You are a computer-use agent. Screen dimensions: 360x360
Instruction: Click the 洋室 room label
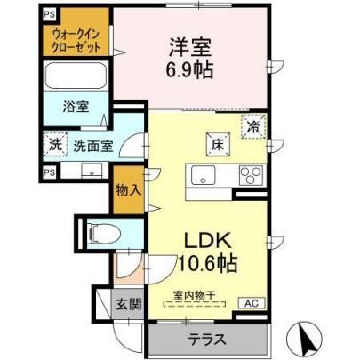[190, 47]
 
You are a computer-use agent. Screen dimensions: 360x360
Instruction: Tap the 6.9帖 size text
[189, 70]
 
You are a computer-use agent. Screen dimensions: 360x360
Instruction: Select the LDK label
[208, 241]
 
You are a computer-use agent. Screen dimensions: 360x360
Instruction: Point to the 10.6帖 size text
[208, 263]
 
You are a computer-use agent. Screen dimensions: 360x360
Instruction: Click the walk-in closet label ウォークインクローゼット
[76, 41]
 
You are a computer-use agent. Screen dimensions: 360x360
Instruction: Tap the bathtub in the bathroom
[76, 76]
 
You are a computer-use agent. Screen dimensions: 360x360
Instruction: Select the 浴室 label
[76, 107]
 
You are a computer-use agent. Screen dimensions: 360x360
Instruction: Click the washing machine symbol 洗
[55, 144]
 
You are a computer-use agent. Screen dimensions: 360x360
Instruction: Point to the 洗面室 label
[93, 146]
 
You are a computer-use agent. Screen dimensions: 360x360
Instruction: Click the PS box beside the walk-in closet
[50, 15]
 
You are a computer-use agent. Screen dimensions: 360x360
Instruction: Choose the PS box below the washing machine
[50, 172]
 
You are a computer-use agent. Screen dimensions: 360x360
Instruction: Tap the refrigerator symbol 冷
[253, 126]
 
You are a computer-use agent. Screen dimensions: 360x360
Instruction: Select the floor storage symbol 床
[218, 144]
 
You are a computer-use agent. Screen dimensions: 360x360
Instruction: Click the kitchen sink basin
[203, 175]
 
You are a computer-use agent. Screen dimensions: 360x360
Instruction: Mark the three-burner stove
[251, 176]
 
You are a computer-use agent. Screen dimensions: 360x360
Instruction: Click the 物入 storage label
[128, 189]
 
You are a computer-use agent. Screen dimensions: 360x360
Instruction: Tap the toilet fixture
[104, 233]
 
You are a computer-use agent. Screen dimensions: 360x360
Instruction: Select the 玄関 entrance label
[128, 304]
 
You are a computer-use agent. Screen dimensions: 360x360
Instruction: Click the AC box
[252, 303]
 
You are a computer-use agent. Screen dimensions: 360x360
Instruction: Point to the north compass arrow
[305, 339]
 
